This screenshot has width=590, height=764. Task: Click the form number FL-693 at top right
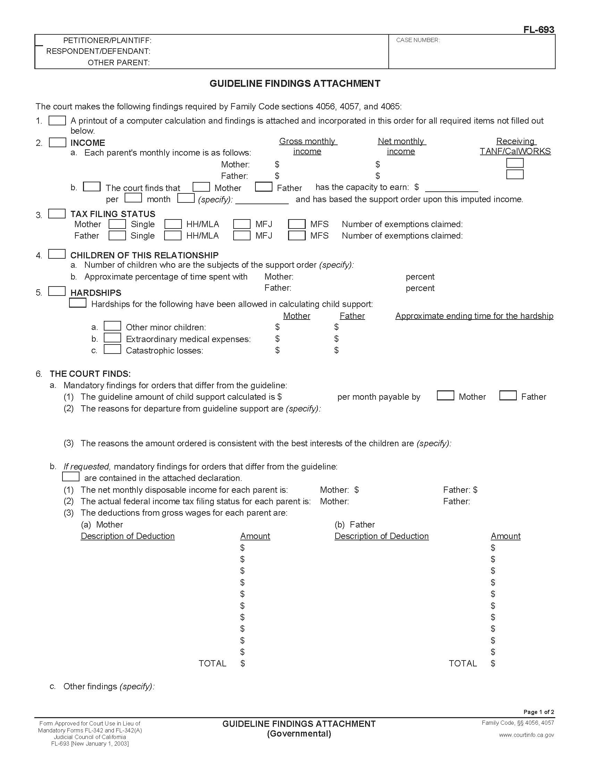tap(538, 30)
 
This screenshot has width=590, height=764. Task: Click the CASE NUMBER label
tap(418, 40)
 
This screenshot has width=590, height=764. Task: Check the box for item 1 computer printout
tap(57, 121)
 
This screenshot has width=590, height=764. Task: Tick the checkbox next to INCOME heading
tap(57, 142)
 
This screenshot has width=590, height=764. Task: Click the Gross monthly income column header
tap(307, 146)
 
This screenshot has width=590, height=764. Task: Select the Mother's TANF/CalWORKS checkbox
tap(514, 163)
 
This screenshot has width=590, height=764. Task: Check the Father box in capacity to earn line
tap(263, 187)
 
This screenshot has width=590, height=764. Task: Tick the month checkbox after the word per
tap(133, 198)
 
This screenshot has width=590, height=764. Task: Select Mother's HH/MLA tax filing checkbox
tap(173, 224)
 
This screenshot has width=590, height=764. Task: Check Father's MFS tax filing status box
tap(297, 235)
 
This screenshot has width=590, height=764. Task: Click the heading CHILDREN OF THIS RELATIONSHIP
tap(144, 255)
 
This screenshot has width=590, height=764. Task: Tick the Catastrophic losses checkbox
tap(112, 349)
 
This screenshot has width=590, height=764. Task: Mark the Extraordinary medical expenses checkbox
tap(112, 338)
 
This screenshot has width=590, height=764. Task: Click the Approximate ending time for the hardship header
tap(474, 316)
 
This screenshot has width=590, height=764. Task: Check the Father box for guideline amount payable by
tap(508, 396)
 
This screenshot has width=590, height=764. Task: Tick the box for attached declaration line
tap(70, 477)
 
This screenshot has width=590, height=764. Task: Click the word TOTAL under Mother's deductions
tap(212, 663)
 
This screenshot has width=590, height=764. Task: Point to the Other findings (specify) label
tap(109, 686)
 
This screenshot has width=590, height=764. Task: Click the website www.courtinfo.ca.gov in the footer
tap(526, 735)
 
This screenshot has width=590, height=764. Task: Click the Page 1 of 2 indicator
tap(538, 712)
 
